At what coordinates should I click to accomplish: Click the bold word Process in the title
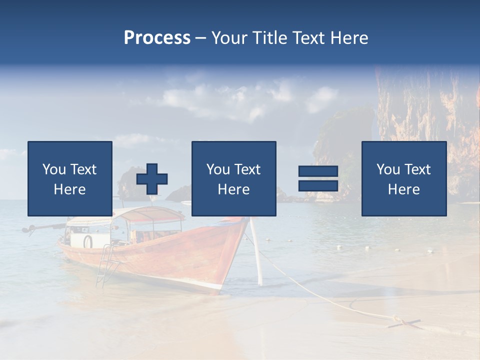[x=157, y=38]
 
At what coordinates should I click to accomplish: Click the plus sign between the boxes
[x=152, y=179]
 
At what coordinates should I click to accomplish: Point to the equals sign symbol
[x=318, y=178]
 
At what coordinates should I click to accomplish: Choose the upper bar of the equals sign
[x=318, y=171]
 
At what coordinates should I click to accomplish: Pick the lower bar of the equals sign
[x=318, y=185]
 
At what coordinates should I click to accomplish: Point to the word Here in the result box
[x=404, y=189]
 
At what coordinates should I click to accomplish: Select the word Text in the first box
[x=83, y=169]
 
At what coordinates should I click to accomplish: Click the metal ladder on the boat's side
[x=106, y=265]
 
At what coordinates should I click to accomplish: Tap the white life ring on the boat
[x=88, y=241]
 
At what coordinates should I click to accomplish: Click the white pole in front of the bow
[x=256, y=252]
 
